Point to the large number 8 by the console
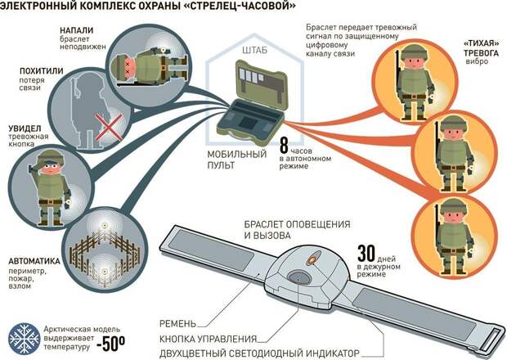(x=285, y=147)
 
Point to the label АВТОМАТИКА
(x=37, y=239)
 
